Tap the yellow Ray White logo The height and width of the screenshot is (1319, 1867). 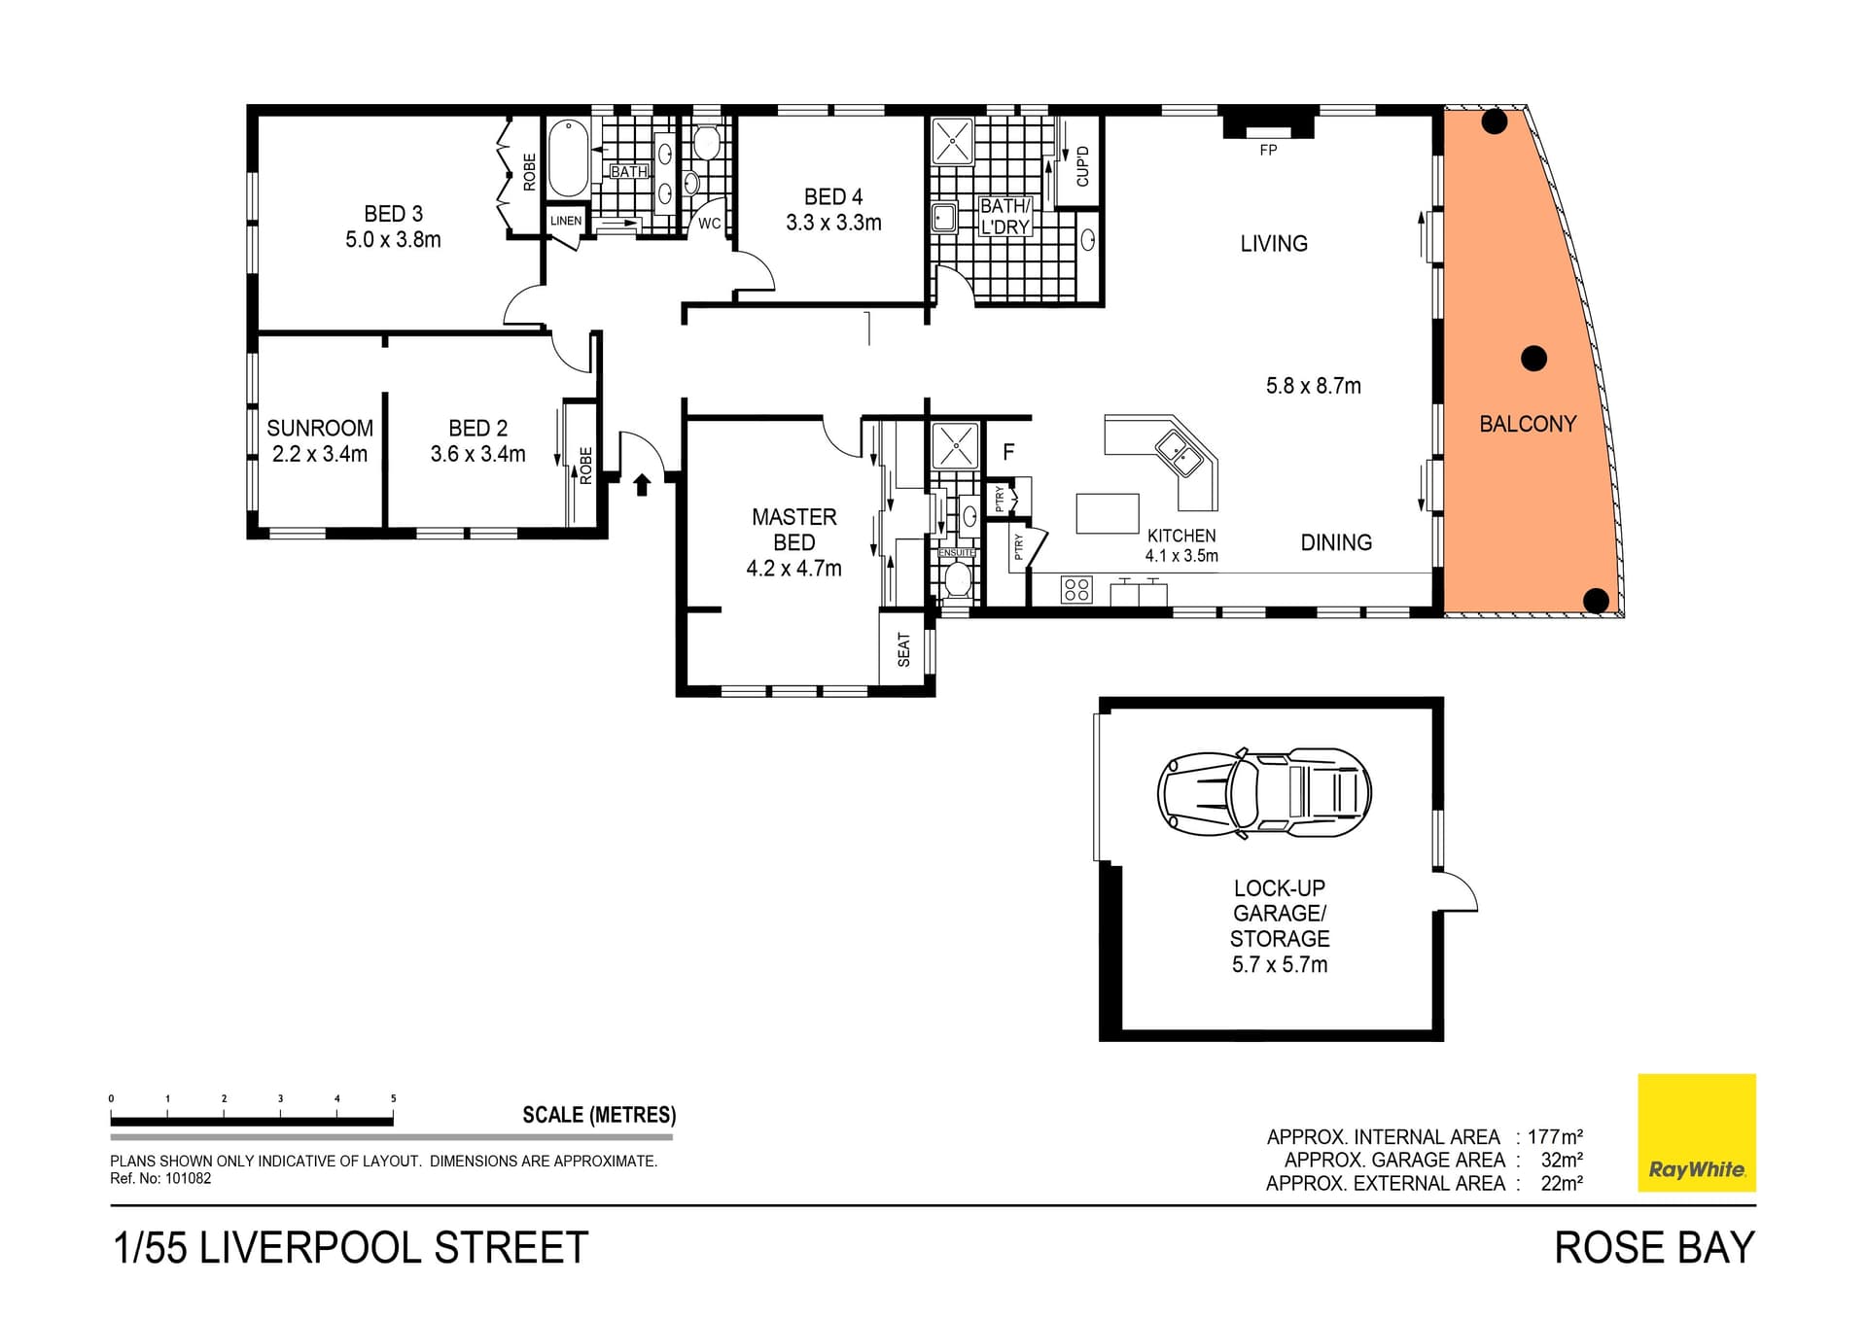click(x=1697, y=1132)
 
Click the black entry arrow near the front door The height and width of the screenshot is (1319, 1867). click(x=642, y=484)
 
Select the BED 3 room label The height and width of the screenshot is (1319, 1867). click(x=393, y=214)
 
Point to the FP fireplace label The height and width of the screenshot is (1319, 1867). click(x=1268, y=151)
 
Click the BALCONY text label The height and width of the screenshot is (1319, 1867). click(x=1528, y=424)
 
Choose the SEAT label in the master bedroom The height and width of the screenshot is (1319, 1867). click(x=904, y=649)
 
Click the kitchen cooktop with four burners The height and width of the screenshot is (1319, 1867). click(x=1076, y=589)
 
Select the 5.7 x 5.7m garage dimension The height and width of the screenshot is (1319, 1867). click(x=1279, y=964)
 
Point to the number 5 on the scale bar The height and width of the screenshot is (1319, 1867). click(x=393, y=1098)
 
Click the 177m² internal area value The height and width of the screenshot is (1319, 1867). click(x=1555, y=1136)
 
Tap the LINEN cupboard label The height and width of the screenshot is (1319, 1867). click(x=566, y=221)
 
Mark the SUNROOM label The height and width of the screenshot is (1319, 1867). click(x=320, y=428)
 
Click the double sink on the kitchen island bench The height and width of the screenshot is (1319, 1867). click(x=1178, y=453)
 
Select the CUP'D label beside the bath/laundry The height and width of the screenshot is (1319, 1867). click(x=1082, y=166)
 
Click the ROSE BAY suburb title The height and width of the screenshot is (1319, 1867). click(x=1654, y=1248)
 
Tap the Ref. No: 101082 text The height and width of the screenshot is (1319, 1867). click(x=160, y=1179)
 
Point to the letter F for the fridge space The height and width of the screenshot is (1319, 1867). click(x=1008, y=452)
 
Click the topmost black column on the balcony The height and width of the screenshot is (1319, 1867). click(x=1495, y=121)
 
